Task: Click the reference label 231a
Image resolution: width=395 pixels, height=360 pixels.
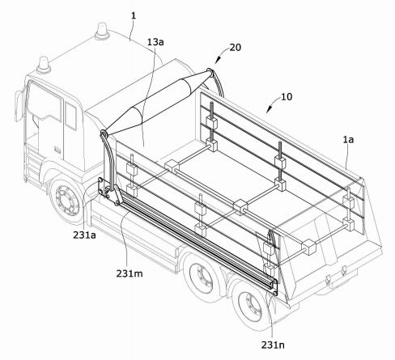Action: click(84, 235)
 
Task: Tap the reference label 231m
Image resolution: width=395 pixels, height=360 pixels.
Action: click(130, 273)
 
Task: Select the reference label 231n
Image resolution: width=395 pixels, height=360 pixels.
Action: click(273, 345)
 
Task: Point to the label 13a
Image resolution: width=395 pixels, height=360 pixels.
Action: click(155, 42)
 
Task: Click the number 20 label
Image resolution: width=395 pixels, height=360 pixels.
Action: click(235, 48)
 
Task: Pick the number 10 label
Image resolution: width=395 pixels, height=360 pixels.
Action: click(287, 96)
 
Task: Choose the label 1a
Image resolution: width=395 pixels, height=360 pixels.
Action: click(348, 139)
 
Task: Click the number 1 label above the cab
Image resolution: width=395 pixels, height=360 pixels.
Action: click(134, 15)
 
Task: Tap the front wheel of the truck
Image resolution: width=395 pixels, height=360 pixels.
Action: click(67, 200)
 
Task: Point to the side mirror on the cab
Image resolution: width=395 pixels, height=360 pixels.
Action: click(19, 106)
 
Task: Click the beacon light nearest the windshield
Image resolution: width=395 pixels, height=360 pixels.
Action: click(44, 66)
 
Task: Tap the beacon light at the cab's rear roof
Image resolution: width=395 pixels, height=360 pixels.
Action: click(102, 32)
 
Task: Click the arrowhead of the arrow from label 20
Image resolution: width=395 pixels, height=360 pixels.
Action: click(217, 61)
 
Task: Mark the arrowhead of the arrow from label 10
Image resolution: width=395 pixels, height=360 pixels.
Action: click(268, 110)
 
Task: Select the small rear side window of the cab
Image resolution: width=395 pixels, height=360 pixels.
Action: click(70, 116)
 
